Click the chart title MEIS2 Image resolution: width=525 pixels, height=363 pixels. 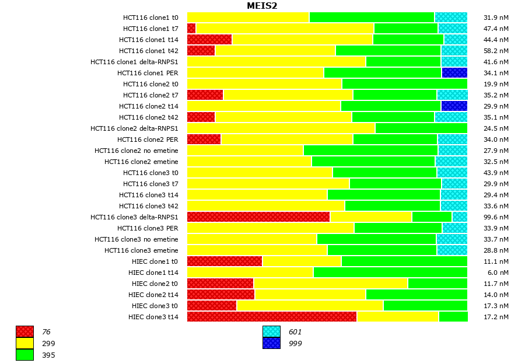point(262,6)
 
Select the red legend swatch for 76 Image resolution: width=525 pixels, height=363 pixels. point(24,331)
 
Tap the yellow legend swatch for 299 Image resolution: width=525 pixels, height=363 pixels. point(24,343)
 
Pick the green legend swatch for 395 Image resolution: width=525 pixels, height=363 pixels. point(24,355)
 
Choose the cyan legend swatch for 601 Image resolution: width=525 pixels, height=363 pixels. point(271,331)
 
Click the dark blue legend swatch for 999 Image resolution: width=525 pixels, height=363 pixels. point(271,343)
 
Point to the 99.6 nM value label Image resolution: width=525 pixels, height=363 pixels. point(496,217)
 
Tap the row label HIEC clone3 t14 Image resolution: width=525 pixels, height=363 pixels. point(153,317)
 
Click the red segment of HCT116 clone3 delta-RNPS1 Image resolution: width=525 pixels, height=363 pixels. point(258,217)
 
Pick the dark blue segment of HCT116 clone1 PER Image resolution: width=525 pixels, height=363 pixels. point(454,73)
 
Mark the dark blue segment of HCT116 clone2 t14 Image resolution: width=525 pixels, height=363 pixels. point(454,106)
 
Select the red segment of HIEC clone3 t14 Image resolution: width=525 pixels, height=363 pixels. point(272,317)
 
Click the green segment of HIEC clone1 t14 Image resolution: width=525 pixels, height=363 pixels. point(390,273)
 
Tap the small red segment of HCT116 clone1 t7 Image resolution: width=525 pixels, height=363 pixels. point(191,29)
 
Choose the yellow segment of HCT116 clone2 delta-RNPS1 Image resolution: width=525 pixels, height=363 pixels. point(281,128)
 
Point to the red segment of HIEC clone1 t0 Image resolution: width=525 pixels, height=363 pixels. point(225,261)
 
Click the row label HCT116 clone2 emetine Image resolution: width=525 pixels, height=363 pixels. point(141,162)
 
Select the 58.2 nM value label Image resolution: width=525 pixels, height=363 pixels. point(496,51)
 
